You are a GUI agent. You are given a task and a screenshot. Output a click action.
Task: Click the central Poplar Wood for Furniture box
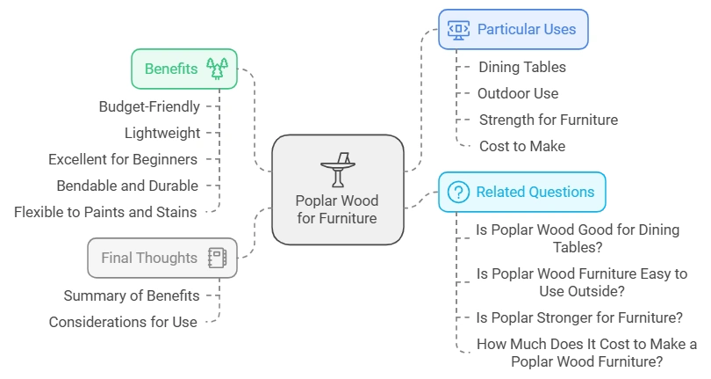pyautogui.click(x=337, y=189)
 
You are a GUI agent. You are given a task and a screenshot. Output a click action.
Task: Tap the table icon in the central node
pyautogui.click(x=337, y=169)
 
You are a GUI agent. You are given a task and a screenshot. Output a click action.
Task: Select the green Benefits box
pyautogui.click(x=184, y=69)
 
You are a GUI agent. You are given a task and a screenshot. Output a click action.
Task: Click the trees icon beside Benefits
pyautogui.click(x=216, y=69)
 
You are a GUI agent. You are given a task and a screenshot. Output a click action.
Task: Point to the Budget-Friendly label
pyautogui.click(x=149, y=106)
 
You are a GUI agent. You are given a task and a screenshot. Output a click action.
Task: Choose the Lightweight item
pyautogui.click(x=162, y=133)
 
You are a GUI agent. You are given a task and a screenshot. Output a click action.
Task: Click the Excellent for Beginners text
pyautogui.click(x=123, y=159)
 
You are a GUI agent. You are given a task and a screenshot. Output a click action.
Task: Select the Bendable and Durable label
pyautogui.click(x=127, y=186)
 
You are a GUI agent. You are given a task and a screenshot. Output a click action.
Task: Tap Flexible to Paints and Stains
pyautogui.click(x=105, y=212)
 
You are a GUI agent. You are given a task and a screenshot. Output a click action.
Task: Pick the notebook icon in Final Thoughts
pyautogui.click(x=216, y=258)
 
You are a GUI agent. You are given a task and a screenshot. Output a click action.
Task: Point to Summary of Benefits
pyautogui.click(x=132, y=295)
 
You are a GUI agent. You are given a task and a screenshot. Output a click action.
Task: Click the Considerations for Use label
pyautogui.click(x=123, y=322)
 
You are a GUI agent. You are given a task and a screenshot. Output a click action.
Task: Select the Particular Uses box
pyautogui.click(x=513, y=29)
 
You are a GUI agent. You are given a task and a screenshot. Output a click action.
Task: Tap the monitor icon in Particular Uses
pyautogui.click(x=458, y=29)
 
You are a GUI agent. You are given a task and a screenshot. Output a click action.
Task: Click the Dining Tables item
pyautogui.click(x=522, y=67)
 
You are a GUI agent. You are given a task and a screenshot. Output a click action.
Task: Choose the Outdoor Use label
pyautogui.click(x=518, y=93)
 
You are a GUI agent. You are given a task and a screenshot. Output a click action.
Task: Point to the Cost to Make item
pyautogui.click(x=522, y=146)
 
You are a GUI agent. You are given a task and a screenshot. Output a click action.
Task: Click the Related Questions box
pyautogui.click(x=521, y=192)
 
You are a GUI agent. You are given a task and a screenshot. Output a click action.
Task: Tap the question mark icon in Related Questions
pyautogui.click(x=458, y=192)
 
